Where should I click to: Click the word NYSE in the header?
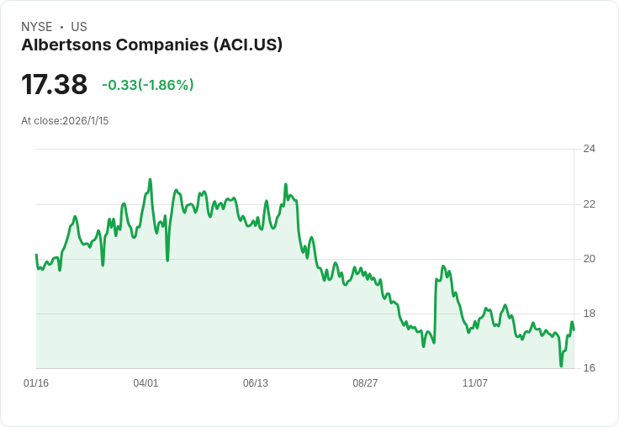pyautogui.click(x=37, y=27)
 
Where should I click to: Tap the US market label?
pyautogui.click(x=79, y=27)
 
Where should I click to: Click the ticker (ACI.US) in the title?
pyautogui.click(x=248, y=45)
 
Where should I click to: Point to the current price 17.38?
pyautogui.click(x=54, y=84)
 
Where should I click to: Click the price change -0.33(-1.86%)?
pyautogui.click(x=148, y=85)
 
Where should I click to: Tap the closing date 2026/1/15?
pyautogui.click(x=86, y=121)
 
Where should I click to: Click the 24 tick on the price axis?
pyautogui.click(x=590, y=149)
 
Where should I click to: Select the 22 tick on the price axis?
pyautogui.click(x=590, y=204)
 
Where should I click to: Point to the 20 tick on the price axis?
pyautogui.click(x=590, y=259)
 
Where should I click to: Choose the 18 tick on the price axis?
pyautogui.click(x=590, y=314)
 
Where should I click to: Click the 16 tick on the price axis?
pyautogui.click(x=590, y=368)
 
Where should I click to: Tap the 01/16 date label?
pyautogui.click(x=36, y=383)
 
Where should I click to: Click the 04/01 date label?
pyautogui.click(x=145, y=383)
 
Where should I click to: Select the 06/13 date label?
pyautogui.click(x=256, y=383)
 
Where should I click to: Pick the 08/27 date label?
pyautogui.click(x=365, y=383)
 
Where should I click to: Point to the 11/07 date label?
pyautogui.click(x=475, y=383)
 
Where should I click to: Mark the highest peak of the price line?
pyautogui.click(x=150, y=179)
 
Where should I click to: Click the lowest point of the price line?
pyautogui.click(x=561, y=366)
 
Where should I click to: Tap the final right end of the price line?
pyautogui.click(x=574, y=330)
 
